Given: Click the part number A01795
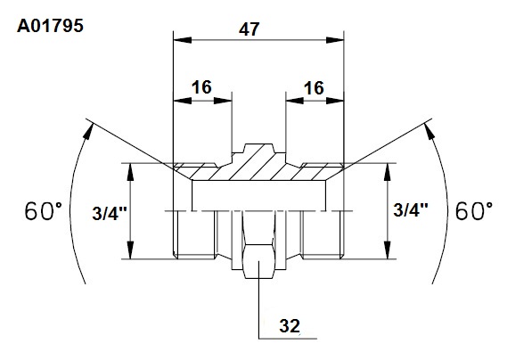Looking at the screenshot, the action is coord(50,26).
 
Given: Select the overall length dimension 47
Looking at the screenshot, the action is coord(249,29).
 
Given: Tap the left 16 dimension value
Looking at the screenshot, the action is coord(201,87).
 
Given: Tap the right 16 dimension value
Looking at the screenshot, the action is coord(314,88).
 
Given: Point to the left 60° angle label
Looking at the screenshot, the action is coord(44,211).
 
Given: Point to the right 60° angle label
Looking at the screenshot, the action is coord(474,211).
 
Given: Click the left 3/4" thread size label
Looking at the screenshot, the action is coord(110,214).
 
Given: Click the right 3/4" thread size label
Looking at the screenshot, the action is coord(411,209).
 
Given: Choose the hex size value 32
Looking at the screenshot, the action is coord(290,326).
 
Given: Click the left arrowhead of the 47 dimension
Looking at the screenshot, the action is coord(182,40).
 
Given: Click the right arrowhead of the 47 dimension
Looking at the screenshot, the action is coord(335,40).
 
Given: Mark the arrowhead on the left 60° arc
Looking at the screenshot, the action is coord(88,131).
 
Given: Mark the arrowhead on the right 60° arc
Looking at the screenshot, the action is coord(430,131).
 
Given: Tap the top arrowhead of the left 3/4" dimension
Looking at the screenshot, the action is coord(130,172).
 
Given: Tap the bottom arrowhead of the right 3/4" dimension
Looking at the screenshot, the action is coord(388,250).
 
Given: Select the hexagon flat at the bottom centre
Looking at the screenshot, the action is coord(259,261).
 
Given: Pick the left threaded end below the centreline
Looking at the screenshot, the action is coord(194,234).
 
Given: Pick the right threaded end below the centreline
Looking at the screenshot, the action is coord(323,234).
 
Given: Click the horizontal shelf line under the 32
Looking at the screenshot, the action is coord(288,339).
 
